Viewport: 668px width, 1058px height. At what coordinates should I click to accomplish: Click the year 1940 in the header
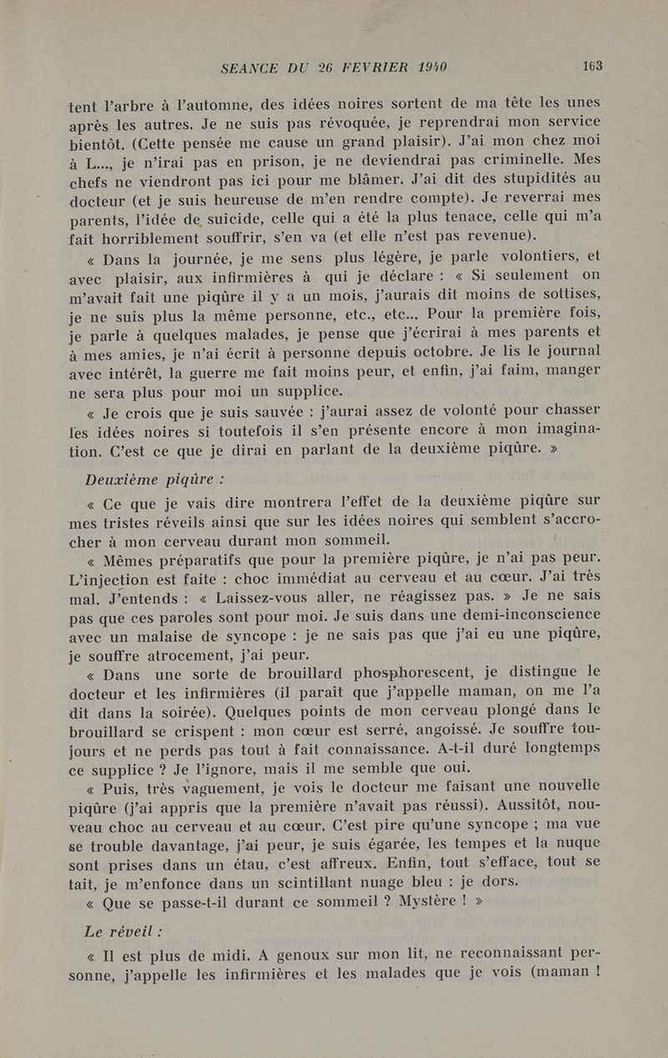428,68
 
